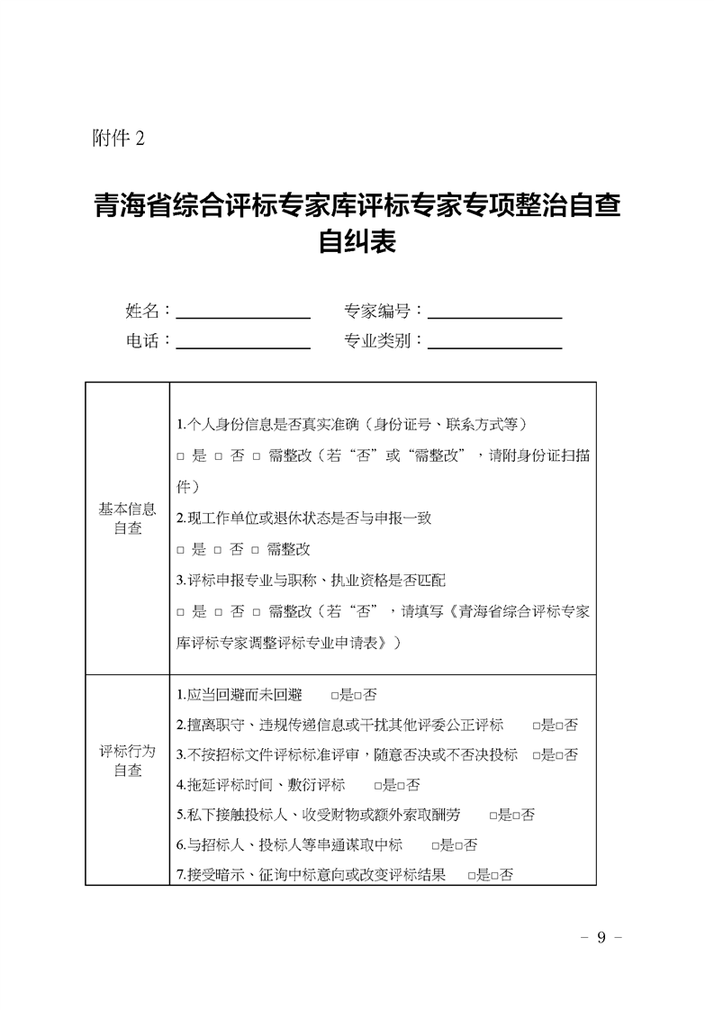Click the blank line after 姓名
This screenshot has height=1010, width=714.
[243, 311]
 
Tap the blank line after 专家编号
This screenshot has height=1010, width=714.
[494, 311]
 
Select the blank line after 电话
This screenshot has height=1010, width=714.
[243, 341]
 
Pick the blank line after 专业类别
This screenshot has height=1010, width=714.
[494, 341]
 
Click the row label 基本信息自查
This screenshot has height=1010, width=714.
[127, 519]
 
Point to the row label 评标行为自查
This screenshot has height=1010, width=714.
[127, 761]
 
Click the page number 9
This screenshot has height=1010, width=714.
[601, 938]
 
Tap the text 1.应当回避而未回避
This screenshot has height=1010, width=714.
[240, 695]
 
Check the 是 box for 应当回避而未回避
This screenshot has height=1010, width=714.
[334, 696]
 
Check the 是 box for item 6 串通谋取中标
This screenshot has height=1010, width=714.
[435, 845]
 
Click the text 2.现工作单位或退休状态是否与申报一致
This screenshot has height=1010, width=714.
[304, 518]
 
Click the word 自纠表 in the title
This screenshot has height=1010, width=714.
[357, 242]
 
